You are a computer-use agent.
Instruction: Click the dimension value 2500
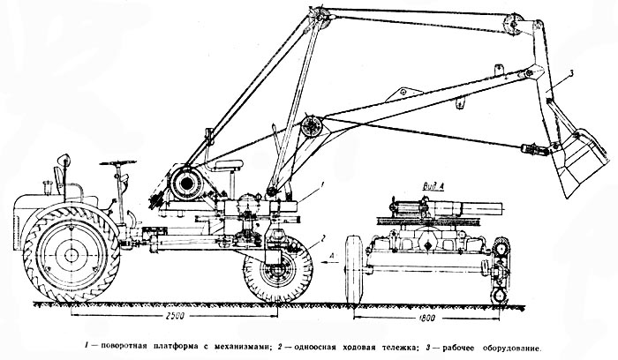click(174, 316)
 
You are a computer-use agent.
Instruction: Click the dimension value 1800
click(426, 318)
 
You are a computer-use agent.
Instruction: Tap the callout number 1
click(322, 184)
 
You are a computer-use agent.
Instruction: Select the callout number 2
click(323, 237)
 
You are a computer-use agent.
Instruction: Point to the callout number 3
click(571, 73)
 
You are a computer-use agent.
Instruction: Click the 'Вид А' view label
click(433, 186)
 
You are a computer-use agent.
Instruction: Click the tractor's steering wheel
click(117, 162)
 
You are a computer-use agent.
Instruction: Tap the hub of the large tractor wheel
click(72, 254)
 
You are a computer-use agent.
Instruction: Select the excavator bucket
click(578, 161)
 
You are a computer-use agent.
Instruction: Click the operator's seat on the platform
click(229, 165)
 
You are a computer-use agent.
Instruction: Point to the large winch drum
click(186, 183)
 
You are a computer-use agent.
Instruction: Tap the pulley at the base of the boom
click(312, 126)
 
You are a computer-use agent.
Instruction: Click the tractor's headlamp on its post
click(64, 159)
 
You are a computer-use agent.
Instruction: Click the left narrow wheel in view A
click(354, 269)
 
